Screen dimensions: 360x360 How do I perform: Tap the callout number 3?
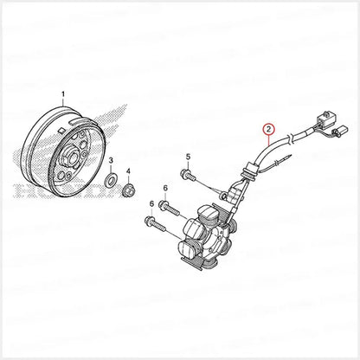(110, 161)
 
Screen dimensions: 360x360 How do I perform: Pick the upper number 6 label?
(165, 188)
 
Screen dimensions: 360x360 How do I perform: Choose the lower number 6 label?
(152, 203)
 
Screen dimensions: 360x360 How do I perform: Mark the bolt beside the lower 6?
(157, 225)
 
